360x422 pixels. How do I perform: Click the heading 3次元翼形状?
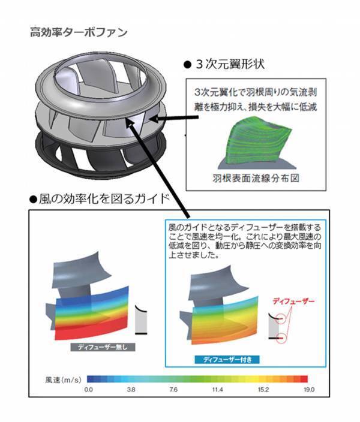pyautogui.click(x=227, y=62)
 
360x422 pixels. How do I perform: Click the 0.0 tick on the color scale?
pyautogui.click(x=88, y=390)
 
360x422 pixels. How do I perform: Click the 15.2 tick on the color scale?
pyautogui.click(x=265, y=390)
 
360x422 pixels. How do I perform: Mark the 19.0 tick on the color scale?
pyautogui.click(x=309, y=390)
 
